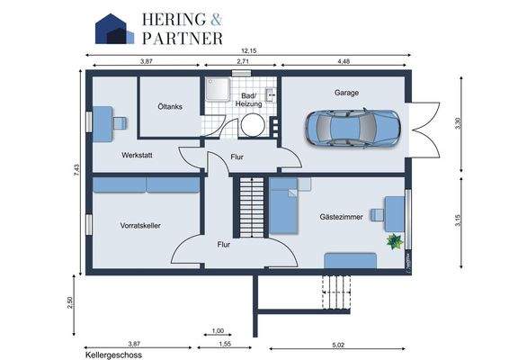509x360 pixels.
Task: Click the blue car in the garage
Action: click(x=353, y=128)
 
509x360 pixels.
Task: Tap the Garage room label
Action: click(x=346, y=93)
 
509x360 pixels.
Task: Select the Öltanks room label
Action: click(x=170, y=106)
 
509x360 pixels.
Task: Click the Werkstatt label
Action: click(x=137, y=155)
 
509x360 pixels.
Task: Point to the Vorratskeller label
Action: click(x=140, y=226)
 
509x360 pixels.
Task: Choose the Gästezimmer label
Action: click(x=341, y=217)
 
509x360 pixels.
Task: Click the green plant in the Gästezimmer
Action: click(x=395, y=241)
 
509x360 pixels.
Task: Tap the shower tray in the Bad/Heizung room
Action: click(x=218, y=89)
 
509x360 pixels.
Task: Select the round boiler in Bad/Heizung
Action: click(x=253, y=125)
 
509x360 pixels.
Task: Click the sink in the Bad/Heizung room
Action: click(x=271, y=94)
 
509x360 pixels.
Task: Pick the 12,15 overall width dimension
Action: click(x=249, y=50)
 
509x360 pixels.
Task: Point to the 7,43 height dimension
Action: click(x=76, y=170)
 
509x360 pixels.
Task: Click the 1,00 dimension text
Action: click(x=218, y=331)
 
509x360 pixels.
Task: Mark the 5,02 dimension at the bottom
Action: click(x=338, y=345)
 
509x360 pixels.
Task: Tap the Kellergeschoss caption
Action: click(x=113, y=355)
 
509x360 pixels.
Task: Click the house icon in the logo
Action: click(x=114, y=29)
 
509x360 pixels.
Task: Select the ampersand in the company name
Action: click(x=216, y=20)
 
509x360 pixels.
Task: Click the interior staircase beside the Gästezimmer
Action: click(x=251, y=207)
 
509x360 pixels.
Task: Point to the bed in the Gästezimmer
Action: click(x=283, y=206)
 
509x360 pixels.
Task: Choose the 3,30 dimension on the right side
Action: click(x=458, y=123)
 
